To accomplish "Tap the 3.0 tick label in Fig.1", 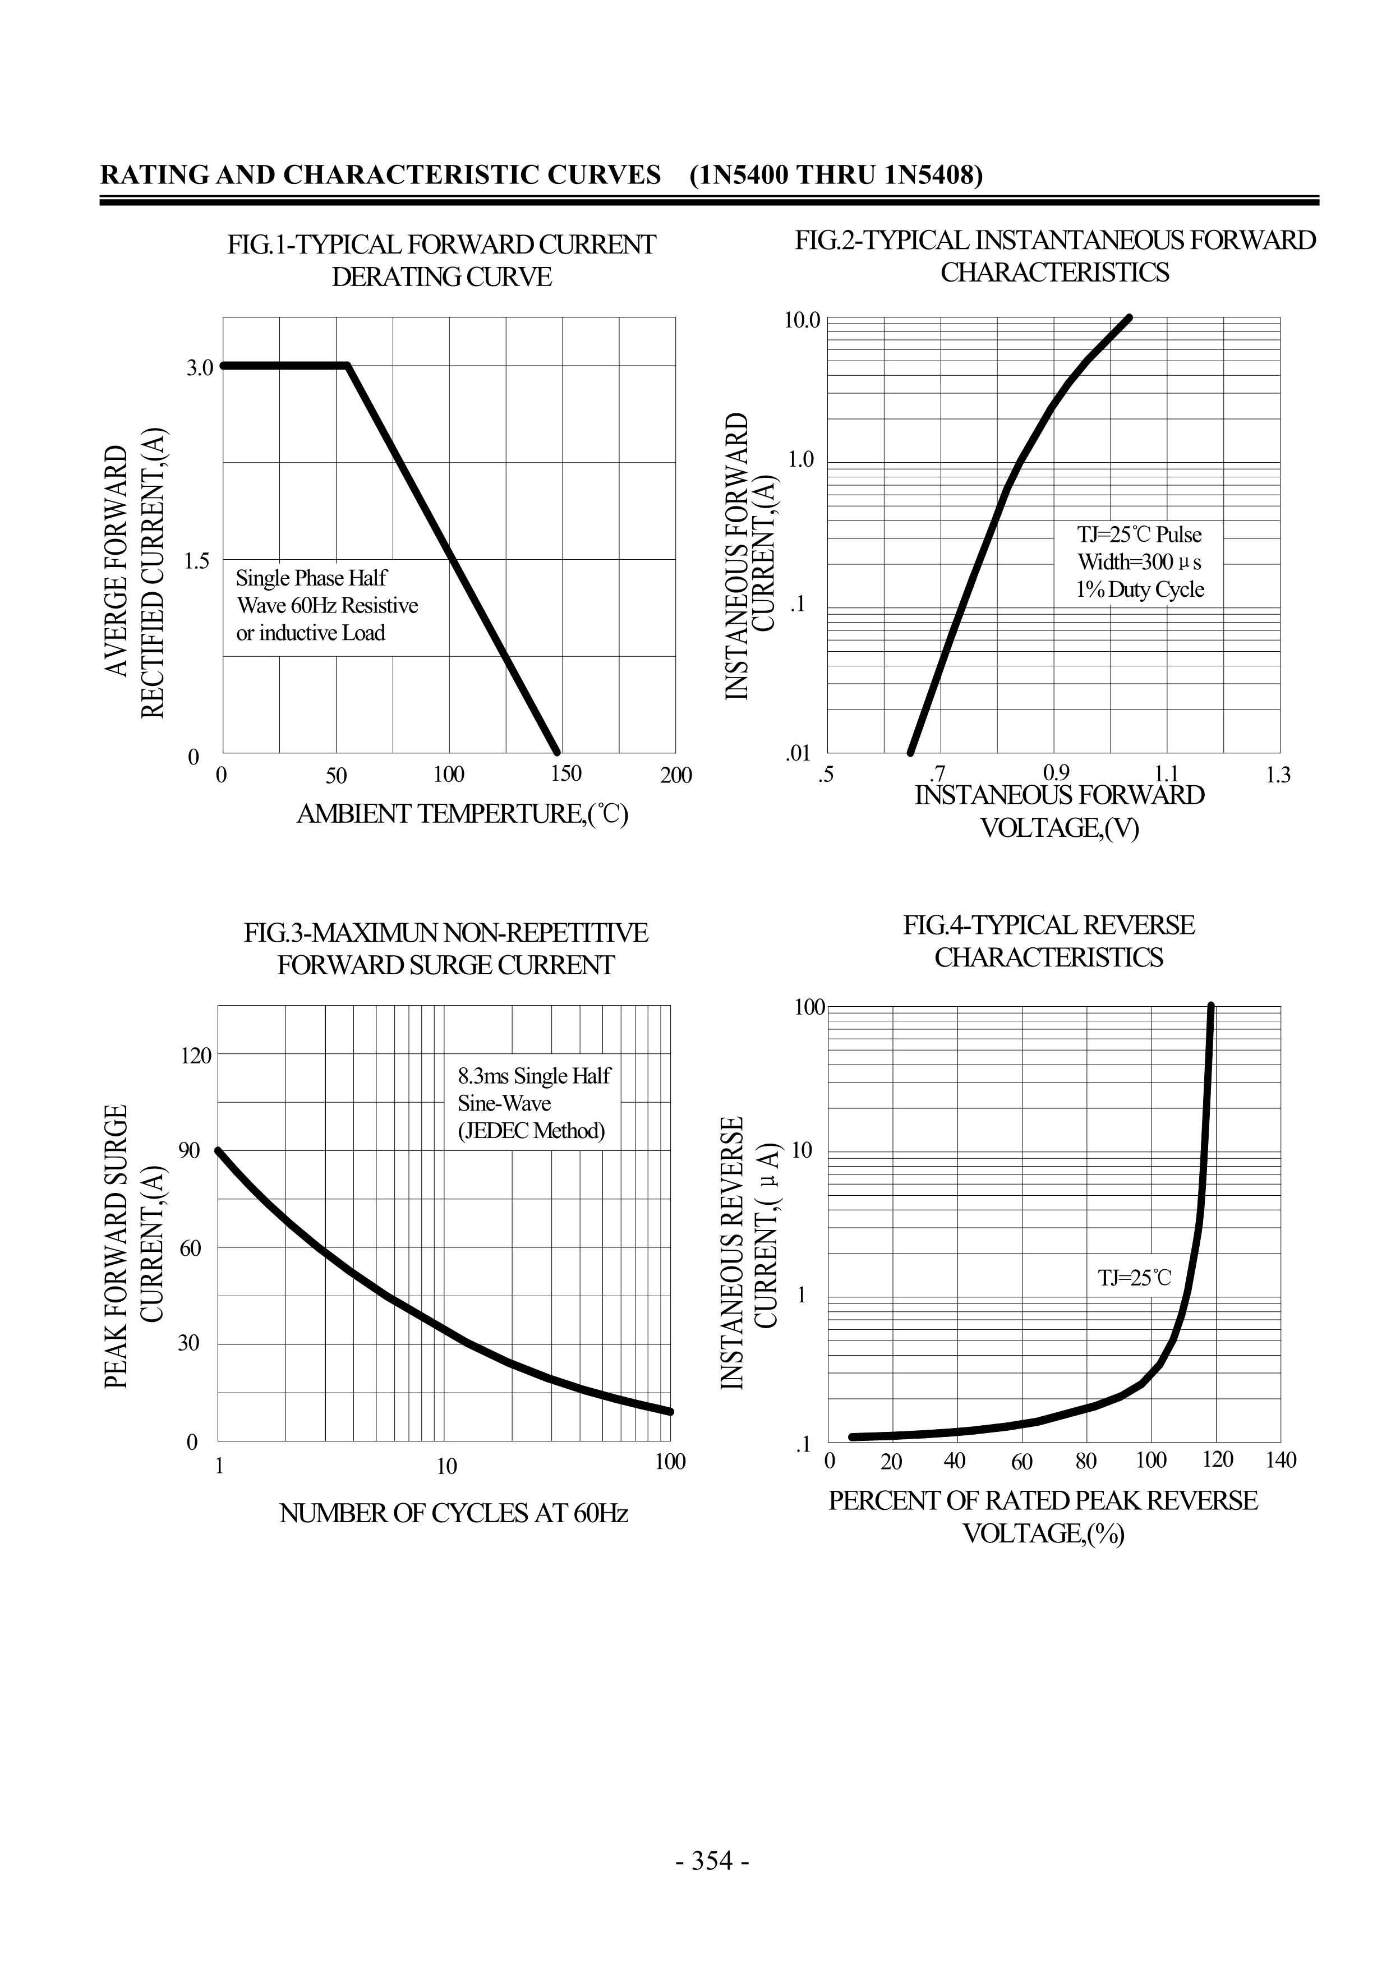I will click(x=200, y=367).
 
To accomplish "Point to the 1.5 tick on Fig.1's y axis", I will click(x=200, y=561).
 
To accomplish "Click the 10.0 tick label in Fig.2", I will click(x=803, y=320).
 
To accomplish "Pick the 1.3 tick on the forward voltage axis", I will click(x=1277, y=775).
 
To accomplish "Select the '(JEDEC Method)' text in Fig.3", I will click(x=531, y=1131).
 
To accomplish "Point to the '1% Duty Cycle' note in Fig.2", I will click(x=1140, y=589).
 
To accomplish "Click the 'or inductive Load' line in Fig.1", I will click(x=311, y=633).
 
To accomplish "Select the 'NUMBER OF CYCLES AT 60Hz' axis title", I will click(x=454, y=1514).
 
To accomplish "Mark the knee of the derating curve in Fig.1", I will click(x=347, y=366).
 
